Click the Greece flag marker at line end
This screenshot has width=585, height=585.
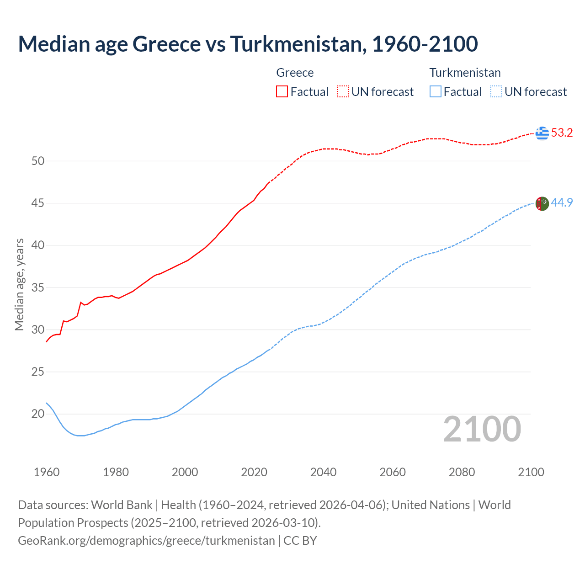[542, 133]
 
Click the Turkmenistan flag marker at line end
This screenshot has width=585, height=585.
[542, 203]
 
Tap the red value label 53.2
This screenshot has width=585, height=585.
[562, 133]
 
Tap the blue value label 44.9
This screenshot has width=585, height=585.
[562, 202]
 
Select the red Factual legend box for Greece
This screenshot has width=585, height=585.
[282, 92]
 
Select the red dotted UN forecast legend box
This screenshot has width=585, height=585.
[343, 92]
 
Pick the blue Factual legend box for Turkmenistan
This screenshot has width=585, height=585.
[436, 92]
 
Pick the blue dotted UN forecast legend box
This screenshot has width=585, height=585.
[496, 92]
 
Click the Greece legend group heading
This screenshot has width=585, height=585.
[295, 73]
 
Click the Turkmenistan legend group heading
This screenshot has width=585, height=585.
[465, 73]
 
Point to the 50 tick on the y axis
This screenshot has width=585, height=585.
[38, 161]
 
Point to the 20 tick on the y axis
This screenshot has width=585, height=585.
[38, 414]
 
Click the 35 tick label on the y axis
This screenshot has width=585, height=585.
[38, 288]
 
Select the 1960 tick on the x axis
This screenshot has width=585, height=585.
[47, 472]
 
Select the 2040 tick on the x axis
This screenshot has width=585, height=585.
[323, 472]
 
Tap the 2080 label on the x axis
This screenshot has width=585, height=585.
[462, 472]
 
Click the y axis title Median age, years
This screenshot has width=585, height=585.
[19, 284]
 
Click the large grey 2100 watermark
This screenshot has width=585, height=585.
[482, 429]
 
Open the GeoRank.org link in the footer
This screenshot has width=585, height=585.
[146, 541]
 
